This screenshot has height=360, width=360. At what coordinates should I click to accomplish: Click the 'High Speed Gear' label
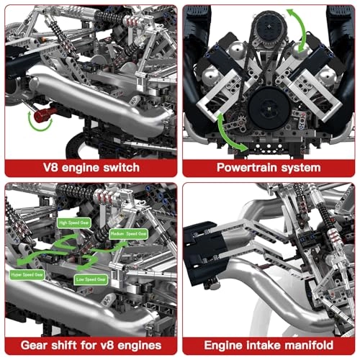coord(73,223)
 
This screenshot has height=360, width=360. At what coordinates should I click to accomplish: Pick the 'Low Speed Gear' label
coord(90,278)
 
